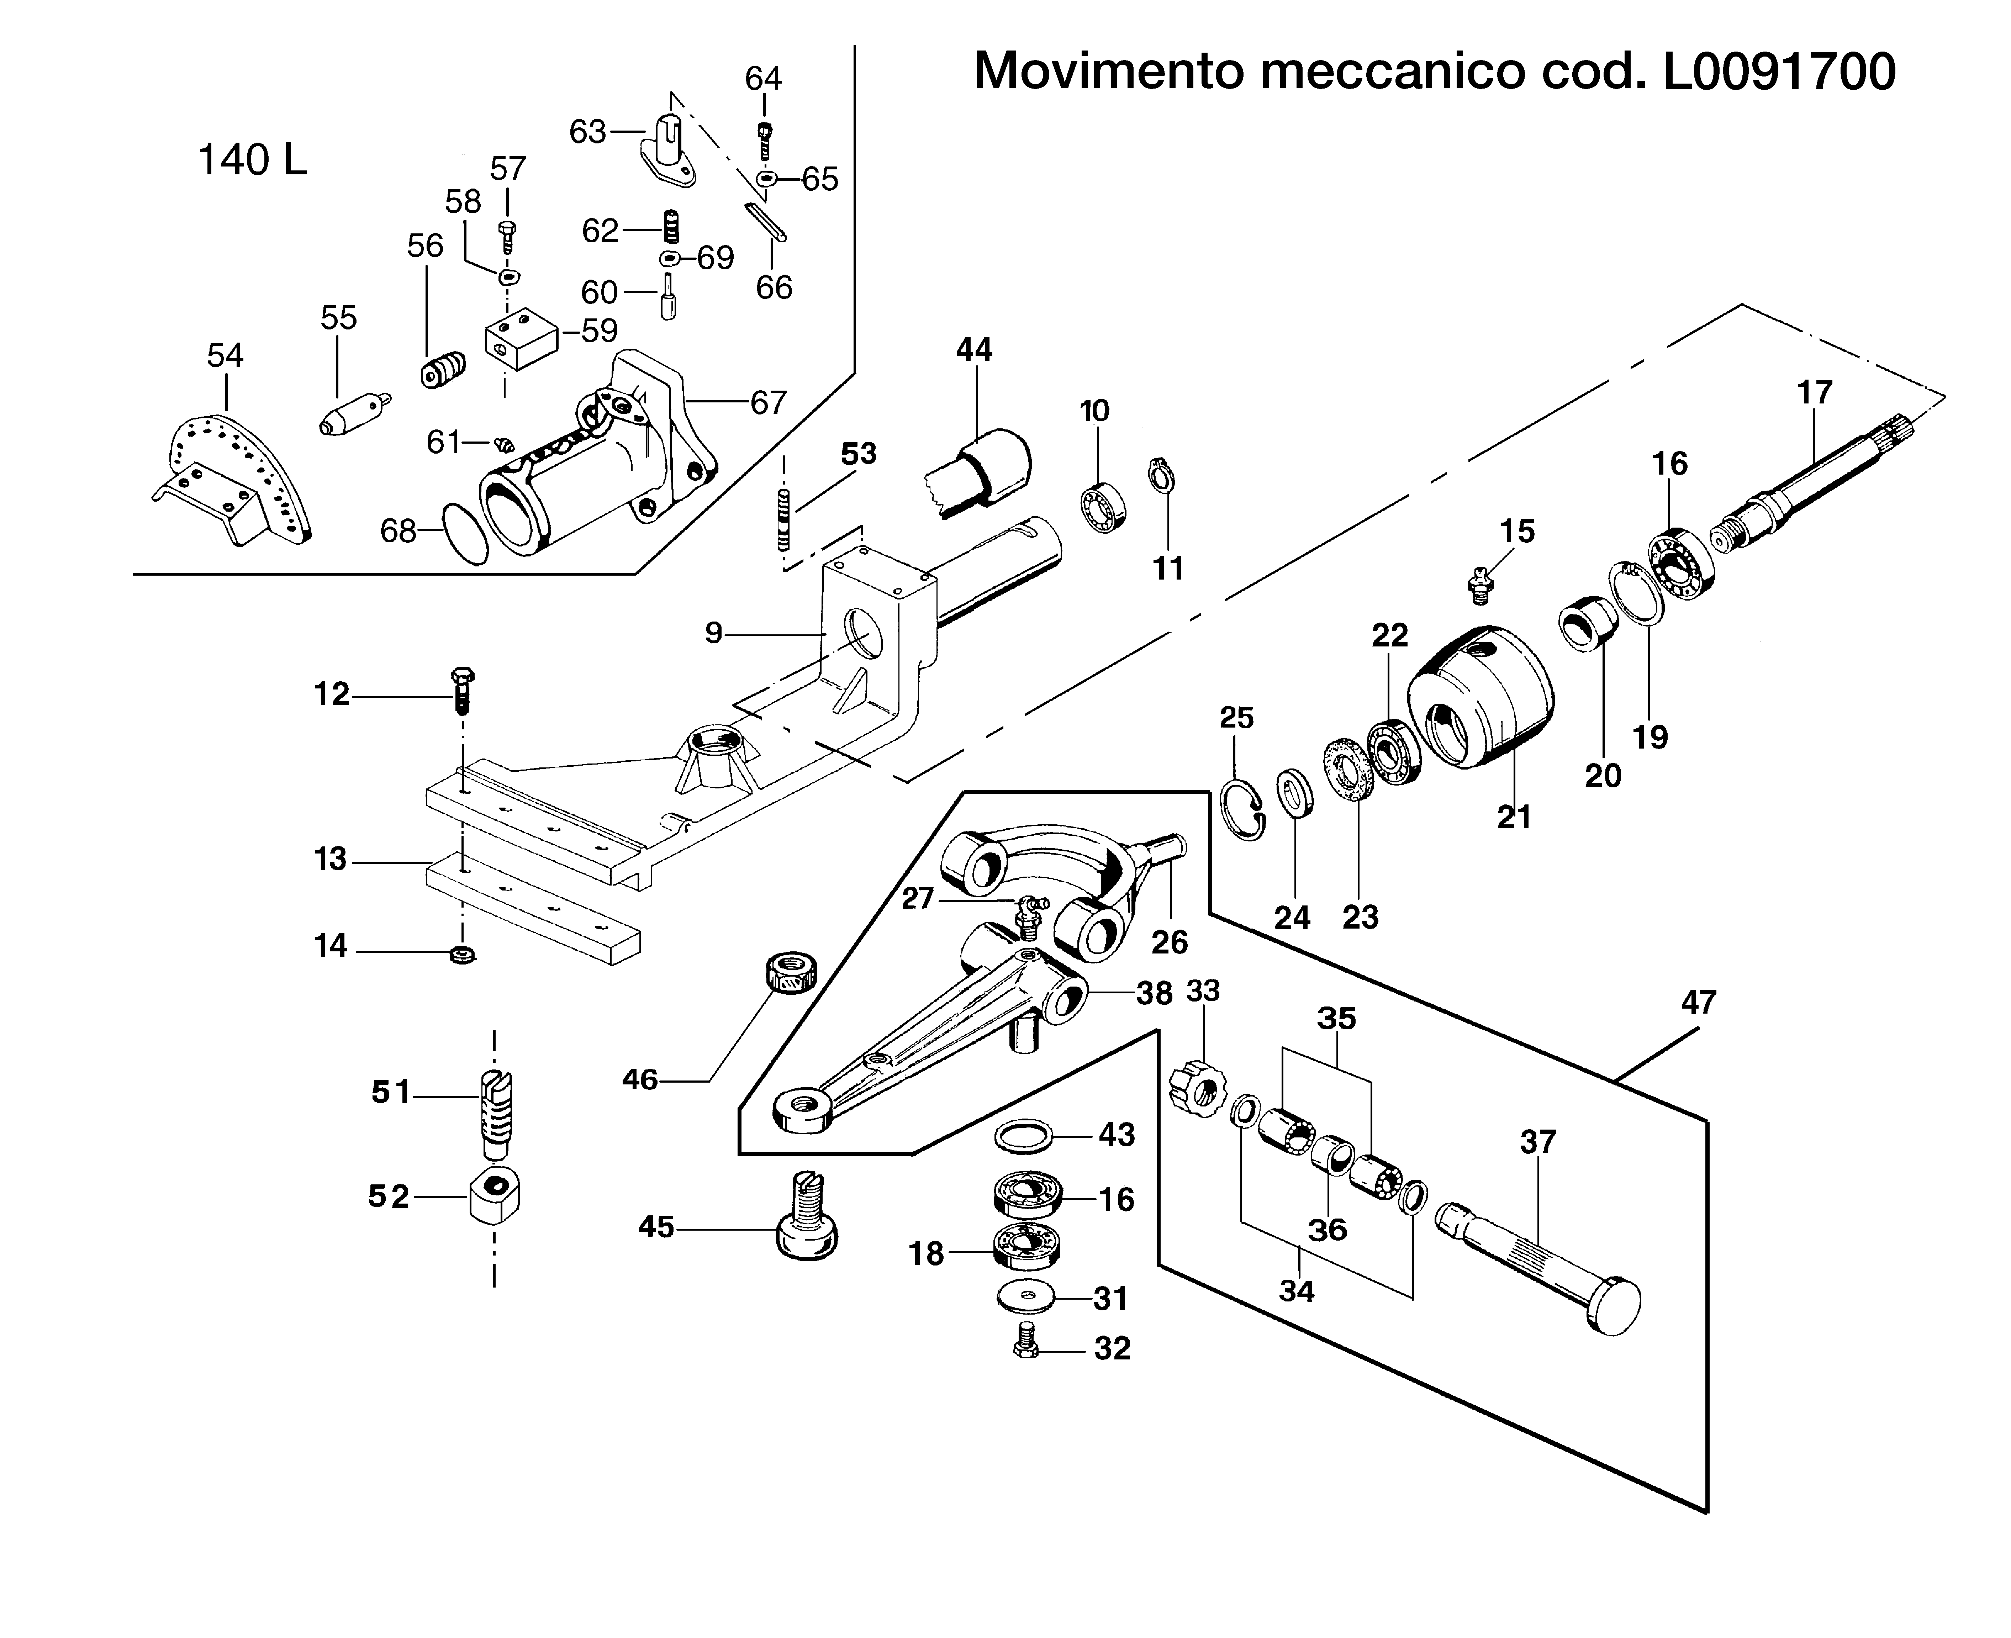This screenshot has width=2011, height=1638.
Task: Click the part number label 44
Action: pos(974,350)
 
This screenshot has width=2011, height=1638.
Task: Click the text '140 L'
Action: pos(252,160)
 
